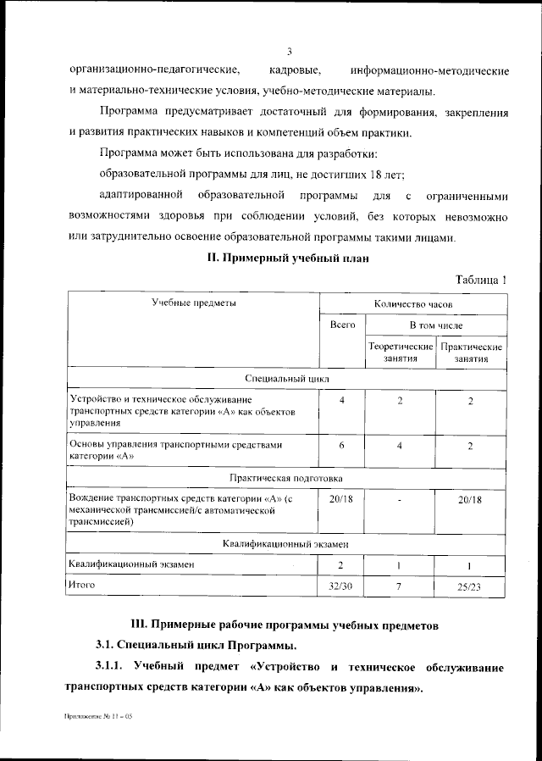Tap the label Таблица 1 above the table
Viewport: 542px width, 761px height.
point(480,280)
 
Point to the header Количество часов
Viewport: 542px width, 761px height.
point(413,303)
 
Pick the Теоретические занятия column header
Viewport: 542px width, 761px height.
point(400,353)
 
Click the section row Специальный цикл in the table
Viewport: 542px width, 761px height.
point(286,379)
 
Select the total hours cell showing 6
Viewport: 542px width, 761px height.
point(342,446)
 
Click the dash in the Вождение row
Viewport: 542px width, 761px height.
point(400,501)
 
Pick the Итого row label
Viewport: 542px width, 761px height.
point(83,585)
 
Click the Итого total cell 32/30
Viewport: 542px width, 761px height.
point(342,586)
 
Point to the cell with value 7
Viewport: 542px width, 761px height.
point(400,586)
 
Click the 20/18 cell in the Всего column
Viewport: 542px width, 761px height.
point(342,500)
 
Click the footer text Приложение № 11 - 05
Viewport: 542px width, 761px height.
point(99,717)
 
